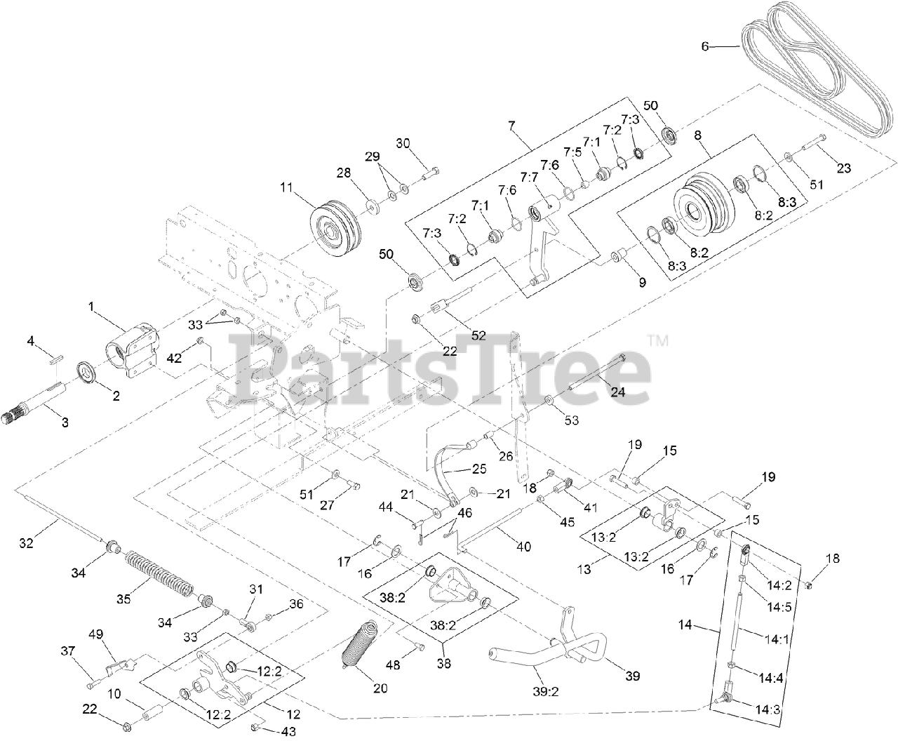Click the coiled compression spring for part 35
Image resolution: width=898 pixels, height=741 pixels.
pos(158,570)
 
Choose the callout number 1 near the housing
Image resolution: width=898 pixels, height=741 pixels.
pos(91,306)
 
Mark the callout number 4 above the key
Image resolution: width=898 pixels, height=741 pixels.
pos(31,341)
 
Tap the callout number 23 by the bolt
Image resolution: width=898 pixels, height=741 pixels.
pos(843,168)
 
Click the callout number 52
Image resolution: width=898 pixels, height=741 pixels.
pos(478,336)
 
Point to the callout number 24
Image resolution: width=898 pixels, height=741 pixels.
pos(617,392)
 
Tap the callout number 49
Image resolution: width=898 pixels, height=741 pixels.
pos(95,634)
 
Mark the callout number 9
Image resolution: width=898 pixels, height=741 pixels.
pos(641,283)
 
